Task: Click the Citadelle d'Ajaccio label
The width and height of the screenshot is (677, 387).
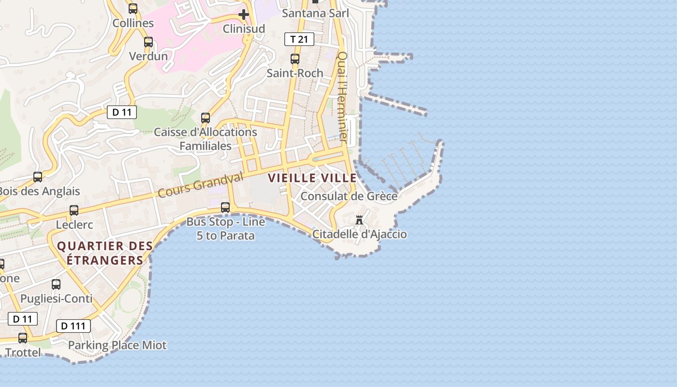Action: [x=359, y=235]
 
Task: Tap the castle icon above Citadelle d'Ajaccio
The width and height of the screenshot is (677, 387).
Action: [x=359, y=220]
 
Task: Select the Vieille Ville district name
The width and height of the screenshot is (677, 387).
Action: [x=312, y=178]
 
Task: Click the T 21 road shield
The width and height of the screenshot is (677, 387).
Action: [x=299, y=39]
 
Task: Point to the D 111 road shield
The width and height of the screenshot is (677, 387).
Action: [x=74, y=326]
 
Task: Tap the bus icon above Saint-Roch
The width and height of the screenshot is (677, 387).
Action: [x=294, y=59]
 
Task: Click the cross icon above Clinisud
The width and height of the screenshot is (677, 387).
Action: [x=244, y=15]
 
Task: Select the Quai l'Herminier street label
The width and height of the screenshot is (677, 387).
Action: [x=342, y=97]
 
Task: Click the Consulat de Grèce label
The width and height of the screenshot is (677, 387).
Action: [x=349, y=196]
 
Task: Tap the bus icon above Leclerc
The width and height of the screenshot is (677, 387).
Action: [x=74, y=210]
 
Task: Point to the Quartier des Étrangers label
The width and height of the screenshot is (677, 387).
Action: [x=105, y=253]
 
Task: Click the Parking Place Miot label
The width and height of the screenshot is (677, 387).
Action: [x=117, y=345]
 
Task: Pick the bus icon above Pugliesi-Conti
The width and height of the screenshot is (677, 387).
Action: [x=56, y=284]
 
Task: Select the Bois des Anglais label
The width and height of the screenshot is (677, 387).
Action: [x=39, y=191]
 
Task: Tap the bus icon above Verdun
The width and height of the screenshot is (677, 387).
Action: [x=148, y=42]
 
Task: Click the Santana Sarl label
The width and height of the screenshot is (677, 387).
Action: [x=315, y=13]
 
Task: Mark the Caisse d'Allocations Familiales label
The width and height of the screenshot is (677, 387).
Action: [x=206, y=138]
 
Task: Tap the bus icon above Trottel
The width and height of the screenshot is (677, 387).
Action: [x=23, y=338]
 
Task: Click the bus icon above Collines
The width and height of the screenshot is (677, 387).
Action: [x=133, y=9]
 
